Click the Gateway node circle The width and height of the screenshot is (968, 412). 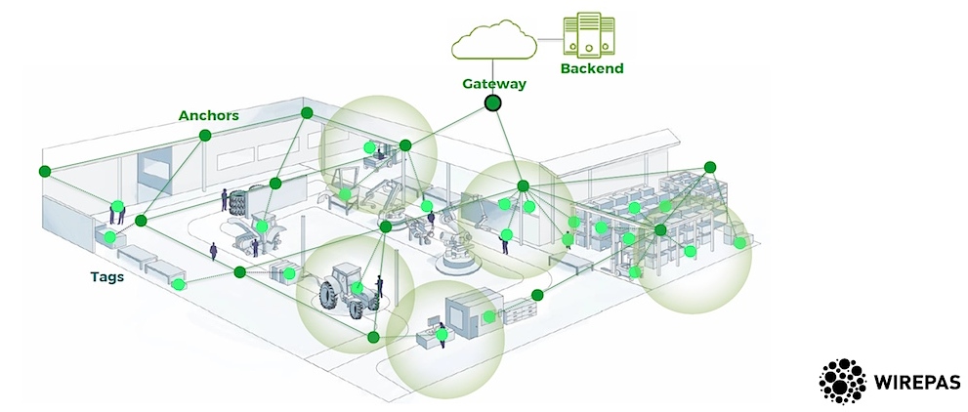[x=493, y=102]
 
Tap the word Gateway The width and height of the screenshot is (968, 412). [x=493, y=83]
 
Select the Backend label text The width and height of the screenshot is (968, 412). [x=591, y=69]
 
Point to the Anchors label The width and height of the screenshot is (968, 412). [x=208, y=115]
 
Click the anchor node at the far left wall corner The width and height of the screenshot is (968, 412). [x=44, y=172]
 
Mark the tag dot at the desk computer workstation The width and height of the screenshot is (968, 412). [x=442, y=334]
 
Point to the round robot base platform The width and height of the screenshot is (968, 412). [x=459, y=262]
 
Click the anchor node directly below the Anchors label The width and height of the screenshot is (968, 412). [x=204, y=137]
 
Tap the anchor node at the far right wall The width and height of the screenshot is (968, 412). [x=710, y=167]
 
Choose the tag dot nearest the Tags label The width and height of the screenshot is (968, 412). [x=178, y=285]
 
